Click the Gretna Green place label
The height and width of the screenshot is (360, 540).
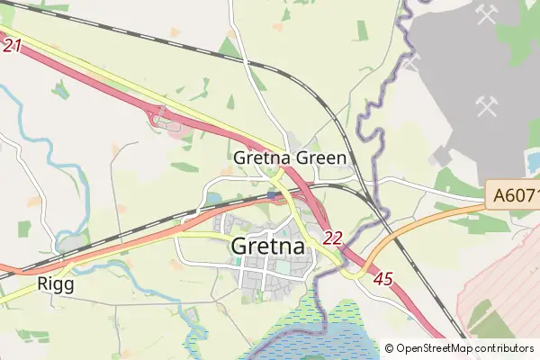click(x=289, y=158)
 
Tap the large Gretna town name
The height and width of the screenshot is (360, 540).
click(x=269, y=245)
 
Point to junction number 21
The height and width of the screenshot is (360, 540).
click(x=11, y=45)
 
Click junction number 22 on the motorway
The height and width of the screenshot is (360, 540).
click(x=333, y=238)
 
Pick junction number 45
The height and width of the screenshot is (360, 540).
click(x=382, y=280)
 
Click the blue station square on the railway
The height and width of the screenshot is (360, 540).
click(x=273, y=194)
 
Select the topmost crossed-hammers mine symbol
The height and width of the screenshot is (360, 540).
click(x=489, y=14)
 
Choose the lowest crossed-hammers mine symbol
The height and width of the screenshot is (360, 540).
click(x=489, y=106)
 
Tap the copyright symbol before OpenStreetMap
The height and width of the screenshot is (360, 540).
click(x=390, y=348)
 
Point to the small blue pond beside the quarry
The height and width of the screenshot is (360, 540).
click(x=533, y=160)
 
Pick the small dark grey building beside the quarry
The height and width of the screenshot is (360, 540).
click(x=441, y=159)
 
